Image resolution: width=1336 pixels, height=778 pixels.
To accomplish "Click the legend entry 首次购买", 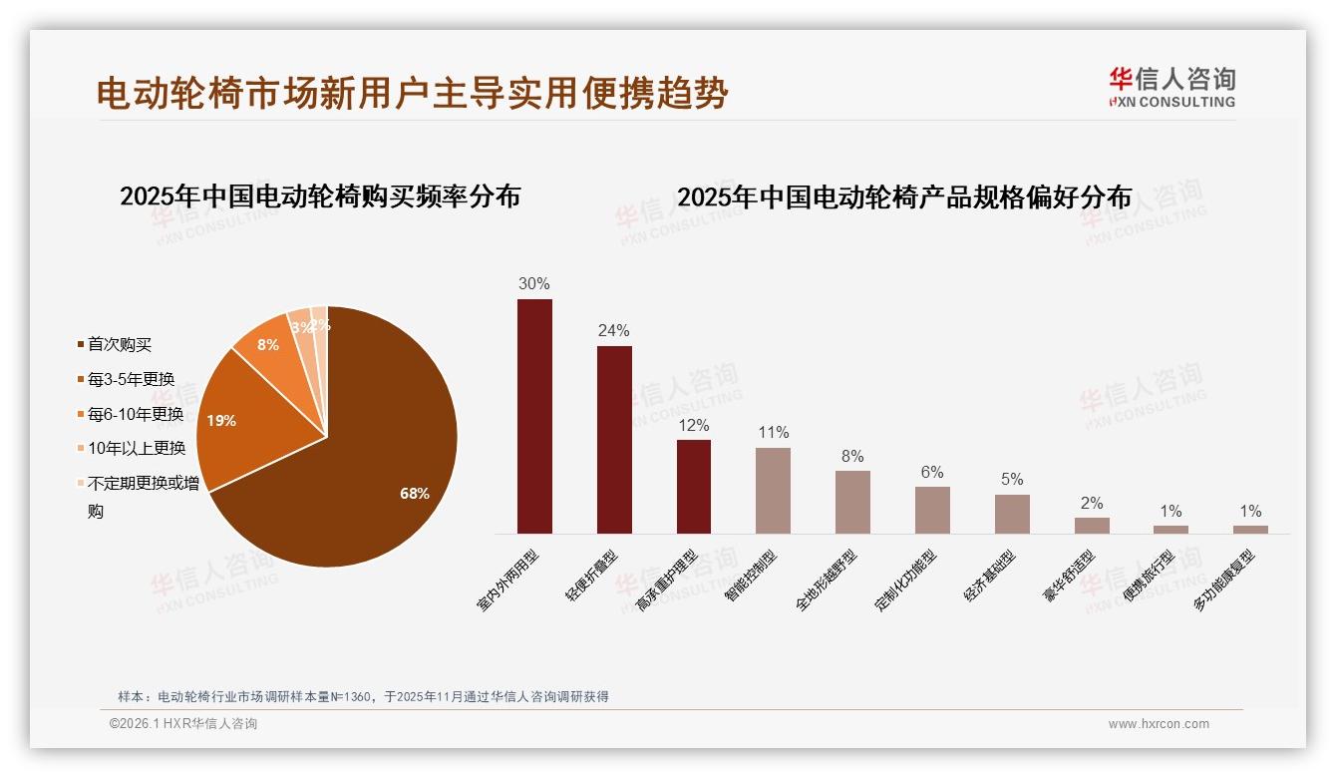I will click(120, 344).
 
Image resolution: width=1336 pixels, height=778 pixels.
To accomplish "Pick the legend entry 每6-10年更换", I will click(136, 414).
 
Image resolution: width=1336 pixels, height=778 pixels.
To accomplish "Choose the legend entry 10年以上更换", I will click(136, 448).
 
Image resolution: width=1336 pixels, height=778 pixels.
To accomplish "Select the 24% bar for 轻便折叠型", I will click(614, 439).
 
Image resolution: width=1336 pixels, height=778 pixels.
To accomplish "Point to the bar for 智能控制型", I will click(773, 490).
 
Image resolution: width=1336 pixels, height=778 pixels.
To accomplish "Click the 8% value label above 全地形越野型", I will click(852, 457).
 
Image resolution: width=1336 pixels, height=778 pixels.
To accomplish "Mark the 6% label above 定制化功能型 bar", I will click(932, 473).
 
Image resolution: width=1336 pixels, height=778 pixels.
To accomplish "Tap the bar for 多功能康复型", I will click(1250, 529).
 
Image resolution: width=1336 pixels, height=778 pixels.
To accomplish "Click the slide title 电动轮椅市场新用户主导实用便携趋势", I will click(413, 94).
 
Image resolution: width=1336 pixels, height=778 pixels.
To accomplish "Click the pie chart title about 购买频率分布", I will click(320, 196).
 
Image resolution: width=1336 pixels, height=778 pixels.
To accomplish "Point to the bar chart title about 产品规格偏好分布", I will click(904, 197).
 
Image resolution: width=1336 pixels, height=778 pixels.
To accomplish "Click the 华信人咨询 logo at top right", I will click(1171, 87).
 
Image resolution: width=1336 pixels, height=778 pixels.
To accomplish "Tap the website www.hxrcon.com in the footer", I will click(1159, 724).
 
